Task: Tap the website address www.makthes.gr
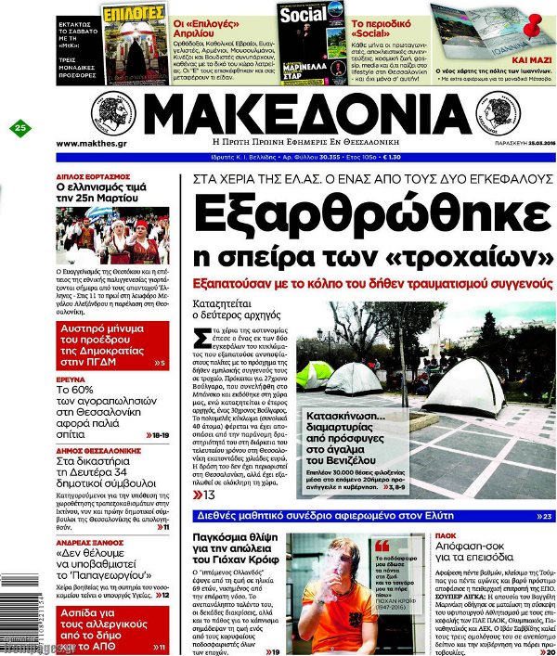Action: tap(91, 144)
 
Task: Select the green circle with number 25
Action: tap(20, 128)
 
